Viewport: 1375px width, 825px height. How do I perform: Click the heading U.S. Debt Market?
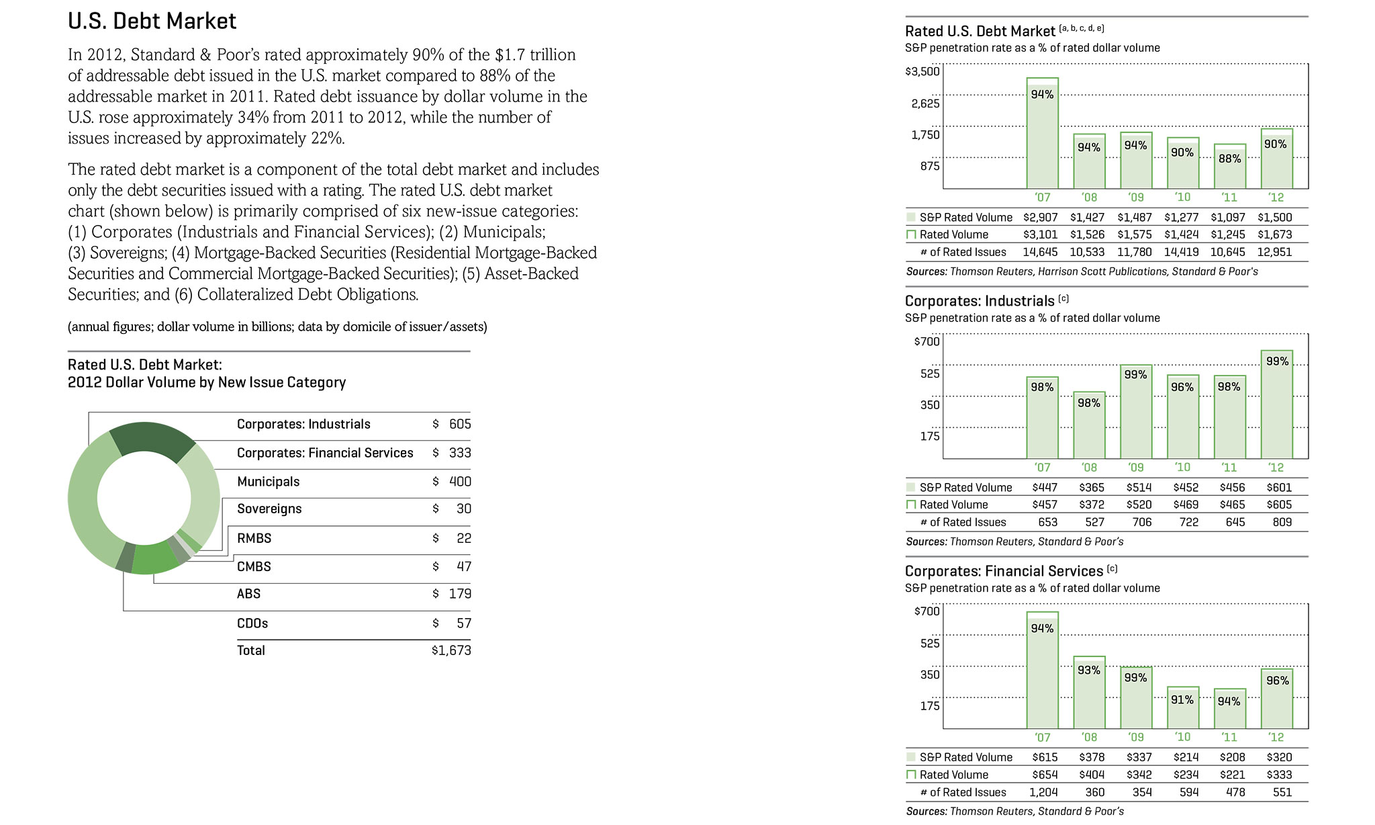click(x=152, y=21)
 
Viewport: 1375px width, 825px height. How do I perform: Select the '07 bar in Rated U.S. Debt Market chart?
click(x=1042, y=134)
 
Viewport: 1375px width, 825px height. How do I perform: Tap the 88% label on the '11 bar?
click(x=1229, y=159)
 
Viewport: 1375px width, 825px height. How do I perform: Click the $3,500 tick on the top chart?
click(x=922, y=71)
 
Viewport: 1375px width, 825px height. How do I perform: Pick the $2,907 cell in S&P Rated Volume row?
click(x=1040, y=218)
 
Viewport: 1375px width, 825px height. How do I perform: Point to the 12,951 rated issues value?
click(x=1274, y=253)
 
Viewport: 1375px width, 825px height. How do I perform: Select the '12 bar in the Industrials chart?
click(x=1276, y=406)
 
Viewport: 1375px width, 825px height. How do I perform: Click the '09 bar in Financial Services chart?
click(x=1135, y=699)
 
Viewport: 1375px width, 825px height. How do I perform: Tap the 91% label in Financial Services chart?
click(x=1182, y=700)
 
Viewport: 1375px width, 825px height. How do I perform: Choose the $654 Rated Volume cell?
click(x=1045, y=775)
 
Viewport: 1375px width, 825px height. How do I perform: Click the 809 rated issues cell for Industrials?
click(x=1282, y=522)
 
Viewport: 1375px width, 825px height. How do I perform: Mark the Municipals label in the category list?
click(x=268, y=482)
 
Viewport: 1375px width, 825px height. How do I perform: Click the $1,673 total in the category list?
click(x=451, y=650)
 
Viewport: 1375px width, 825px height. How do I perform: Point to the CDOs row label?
click(x=252, y=623)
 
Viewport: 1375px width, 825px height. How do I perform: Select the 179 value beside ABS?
click(x=460, y=594)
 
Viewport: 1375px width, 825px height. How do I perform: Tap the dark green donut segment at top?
click(x=152, y=440)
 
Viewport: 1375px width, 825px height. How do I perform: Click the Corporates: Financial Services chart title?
click(x=1004, y=571)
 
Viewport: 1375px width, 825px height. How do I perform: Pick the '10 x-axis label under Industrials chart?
click(x=1182, y=468)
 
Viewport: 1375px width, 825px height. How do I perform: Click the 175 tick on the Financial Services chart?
click(x=930, y=706)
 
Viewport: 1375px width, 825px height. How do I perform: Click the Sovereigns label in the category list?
click(x=269, y=509)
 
